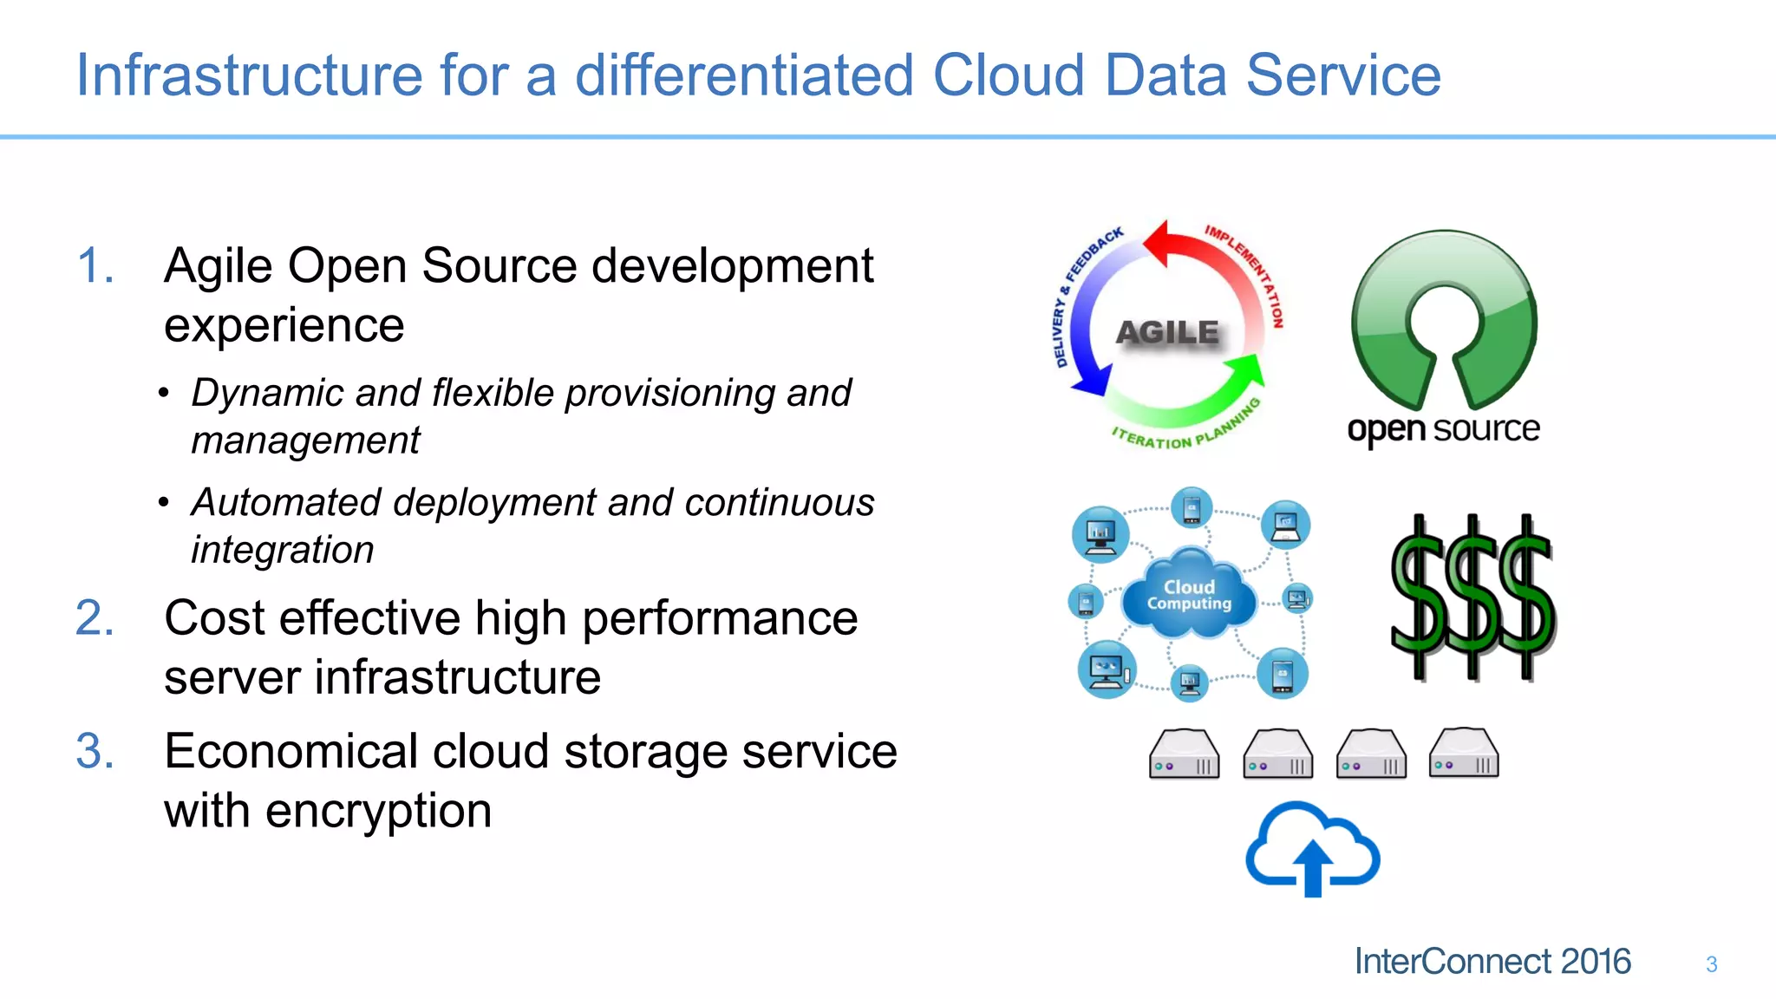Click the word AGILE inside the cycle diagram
point(1167,332)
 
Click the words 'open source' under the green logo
point(1443,429)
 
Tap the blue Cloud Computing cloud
point(1189,596)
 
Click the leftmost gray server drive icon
point(1184,754)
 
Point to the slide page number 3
point(1711,964)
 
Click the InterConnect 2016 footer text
point(1492,962)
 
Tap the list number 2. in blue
point(95,618)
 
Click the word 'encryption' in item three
point(378,811)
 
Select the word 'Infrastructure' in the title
point(249,75)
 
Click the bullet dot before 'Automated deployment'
point(163,503)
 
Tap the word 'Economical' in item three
point(291,751)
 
